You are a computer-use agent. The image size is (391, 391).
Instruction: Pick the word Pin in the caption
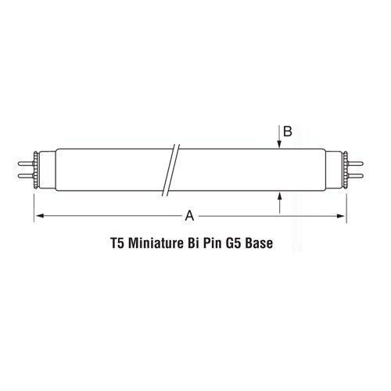tap(218, 243)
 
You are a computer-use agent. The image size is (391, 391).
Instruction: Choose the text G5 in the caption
tap(243, 243)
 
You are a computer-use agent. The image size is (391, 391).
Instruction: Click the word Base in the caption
tap(271, 243)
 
